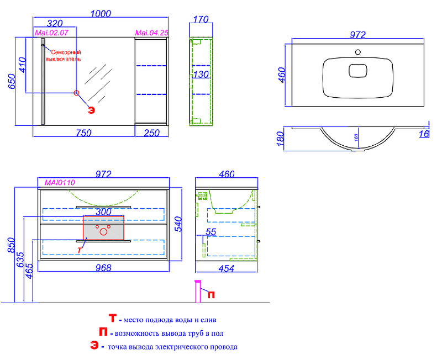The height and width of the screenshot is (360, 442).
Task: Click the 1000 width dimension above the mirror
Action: pyautogui.click(x=101, y=13)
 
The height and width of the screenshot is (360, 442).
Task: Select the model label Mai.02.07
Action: pyautogui.click(x=51, y=33)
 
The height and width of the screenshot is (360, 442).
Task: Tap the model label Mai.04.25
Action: pyautogui.click(x=151, y=33)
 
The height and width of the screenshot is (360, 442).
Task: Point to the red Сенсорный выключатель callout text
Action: pyautogui.click(x=64, y=56)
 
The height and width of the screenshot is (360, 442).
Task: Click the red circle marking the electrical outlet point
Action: pyautogui.click(x=76, y=92)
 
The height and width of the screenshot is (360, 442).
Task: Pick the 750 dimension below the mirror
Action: pyautogui.click(x=84, y=133)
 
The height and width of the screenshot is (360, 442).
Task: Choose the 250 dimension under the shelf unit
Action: pyautogui.click(x=151, y=133)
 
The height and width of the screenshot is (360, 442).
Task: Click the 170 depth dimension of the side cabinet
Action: pyautogui.click(x=201, y=19)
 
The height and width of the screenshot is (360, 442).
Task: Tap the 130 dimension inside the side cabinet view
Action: pyautogui.click(x=201, y=75)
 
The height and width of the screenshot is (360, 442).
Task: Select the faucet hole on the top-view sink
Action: pyautogui.click(x=358, y=52)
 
